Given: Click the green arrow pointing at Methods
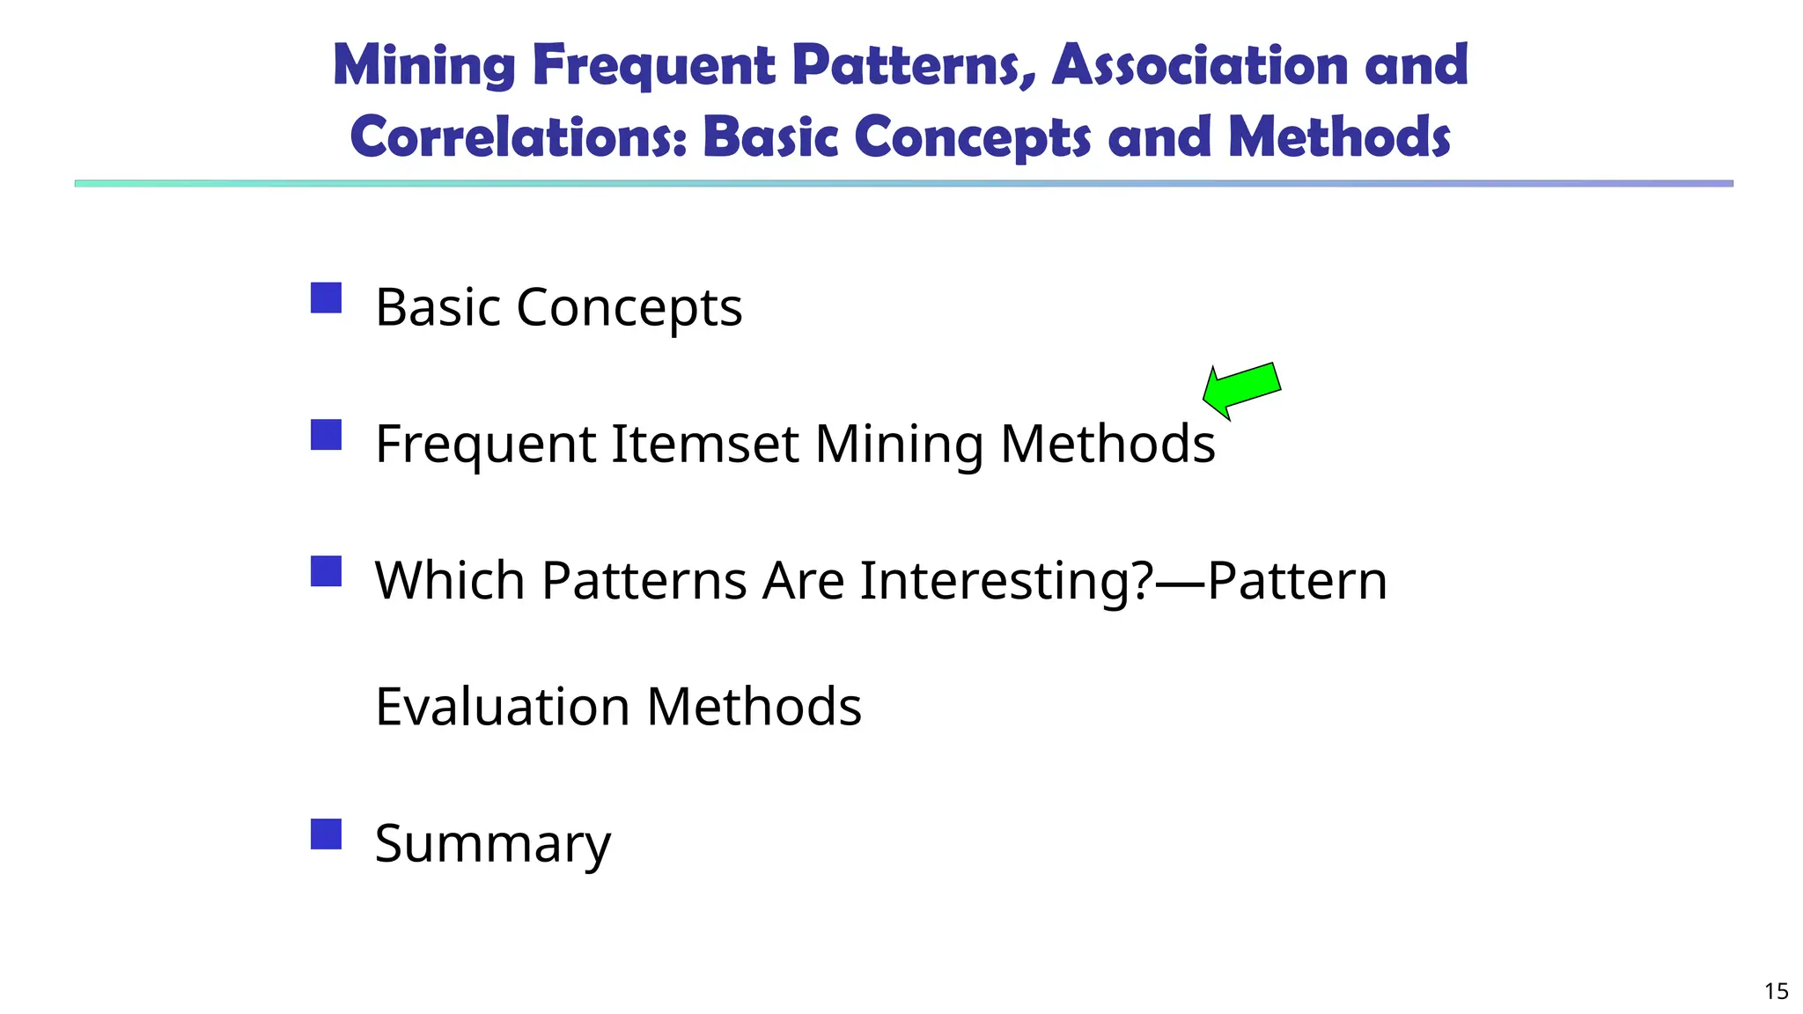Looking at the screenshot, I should coord(1241,390).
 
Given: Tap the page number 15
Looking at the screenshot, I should coord(1777,991).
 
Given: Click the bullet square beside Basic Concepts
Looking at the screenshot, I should coord(326,298).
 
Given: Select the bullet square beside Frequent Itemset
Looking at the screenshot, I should coord(326,435).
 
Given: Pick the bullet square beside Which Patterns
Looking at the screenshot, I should coord(326,571).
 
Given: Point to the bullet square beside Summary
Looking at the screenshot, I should coord(326,834).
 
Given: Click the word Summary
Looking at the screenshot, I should coord(492,843).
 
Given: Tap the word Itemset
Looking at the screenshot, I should coord(705,443).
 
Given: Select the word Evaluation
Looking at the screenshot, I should coord(503,706).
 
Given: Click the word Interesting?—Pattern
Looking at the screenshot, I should coord(1123,580).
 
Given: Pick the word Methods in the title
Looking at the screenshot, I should coord(1339,137).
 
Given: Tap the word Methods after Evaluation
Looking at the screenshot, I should coord(754,706).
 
